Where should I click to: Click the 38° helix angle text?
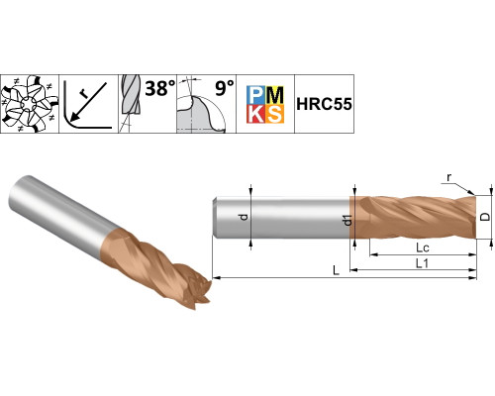[160, 88]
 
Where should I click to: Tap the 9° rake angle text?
[225, 88]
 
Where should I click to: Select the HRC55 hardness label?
[324, 104]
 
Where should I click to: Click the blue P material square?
[255, 95]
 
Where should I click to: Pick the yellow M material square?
[274, 95]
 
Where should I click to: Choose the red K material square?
[255, 114]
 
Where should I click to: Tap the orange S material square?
[274, 114]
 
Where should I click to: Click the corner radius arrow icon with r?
[88, 104]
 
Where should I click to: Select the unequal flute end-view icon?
[30, 104]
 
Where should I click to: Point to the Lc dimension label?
[423, 247]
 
